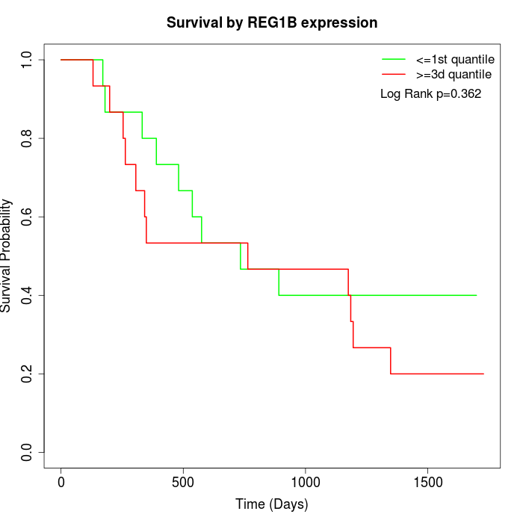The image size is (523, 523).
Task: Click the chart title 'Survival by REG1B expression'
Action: [271, 22]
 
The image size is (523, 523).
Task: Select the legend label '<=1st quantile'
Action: [455, 59]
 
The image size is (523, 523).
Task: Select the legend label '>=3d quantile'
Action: [454, 74]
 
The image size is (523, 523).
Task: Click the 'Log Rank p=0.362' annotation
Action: [430, 94]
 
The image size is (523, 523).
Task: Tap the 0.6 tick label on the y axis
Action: [28, 217]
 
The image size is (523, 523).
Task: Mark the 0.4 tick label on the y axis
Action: [28, 295]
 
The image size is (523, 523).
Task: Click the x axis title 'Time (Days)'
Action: [271, 504]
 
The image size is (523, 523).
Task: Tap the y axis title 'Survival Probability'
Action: [7, 256]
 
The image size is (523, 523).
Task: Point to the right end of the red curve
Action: [483, 374]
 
